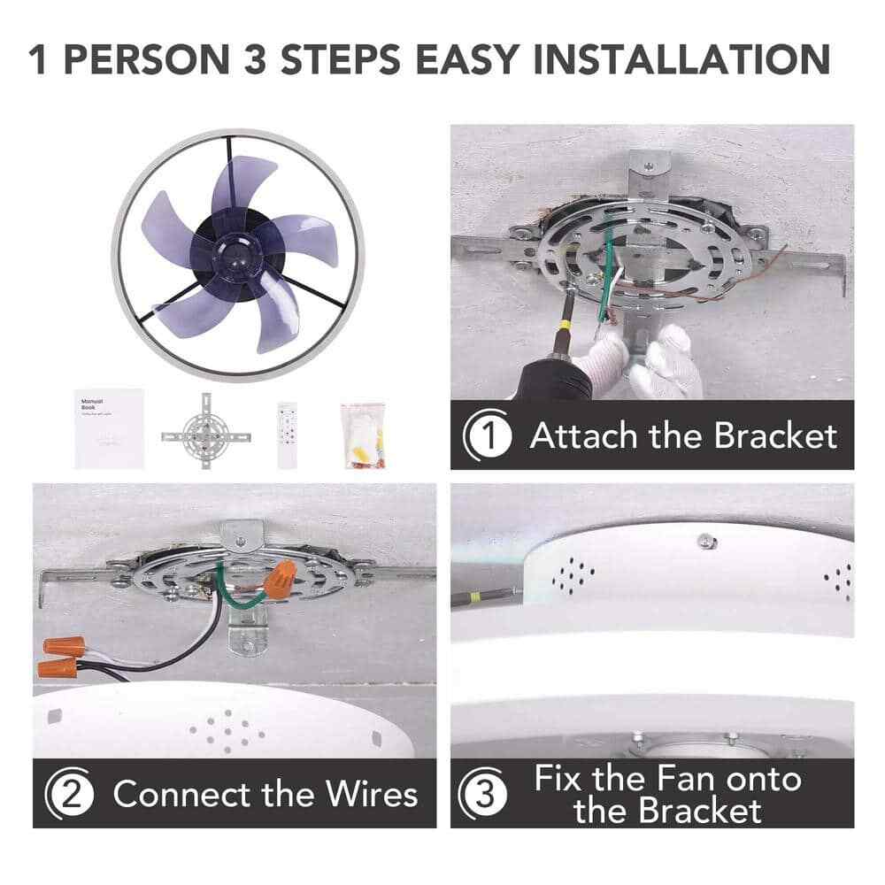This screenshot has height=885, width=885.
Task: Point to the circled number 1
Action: coord(488,435)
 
